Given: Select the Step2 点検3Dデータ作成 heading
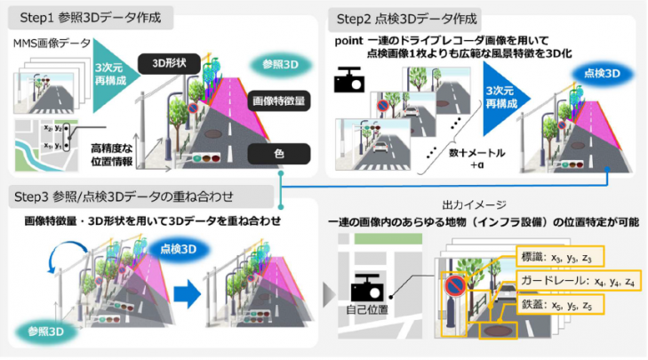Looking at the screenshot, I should (x=404, y=18).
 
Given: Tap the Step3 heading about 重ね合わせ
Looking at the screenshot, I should (x=132, y=196).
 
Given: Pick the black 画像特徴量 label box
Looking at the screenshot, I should (x=278, y=101).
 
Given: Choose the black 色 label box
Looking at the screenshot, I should (x=277, y=153).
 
